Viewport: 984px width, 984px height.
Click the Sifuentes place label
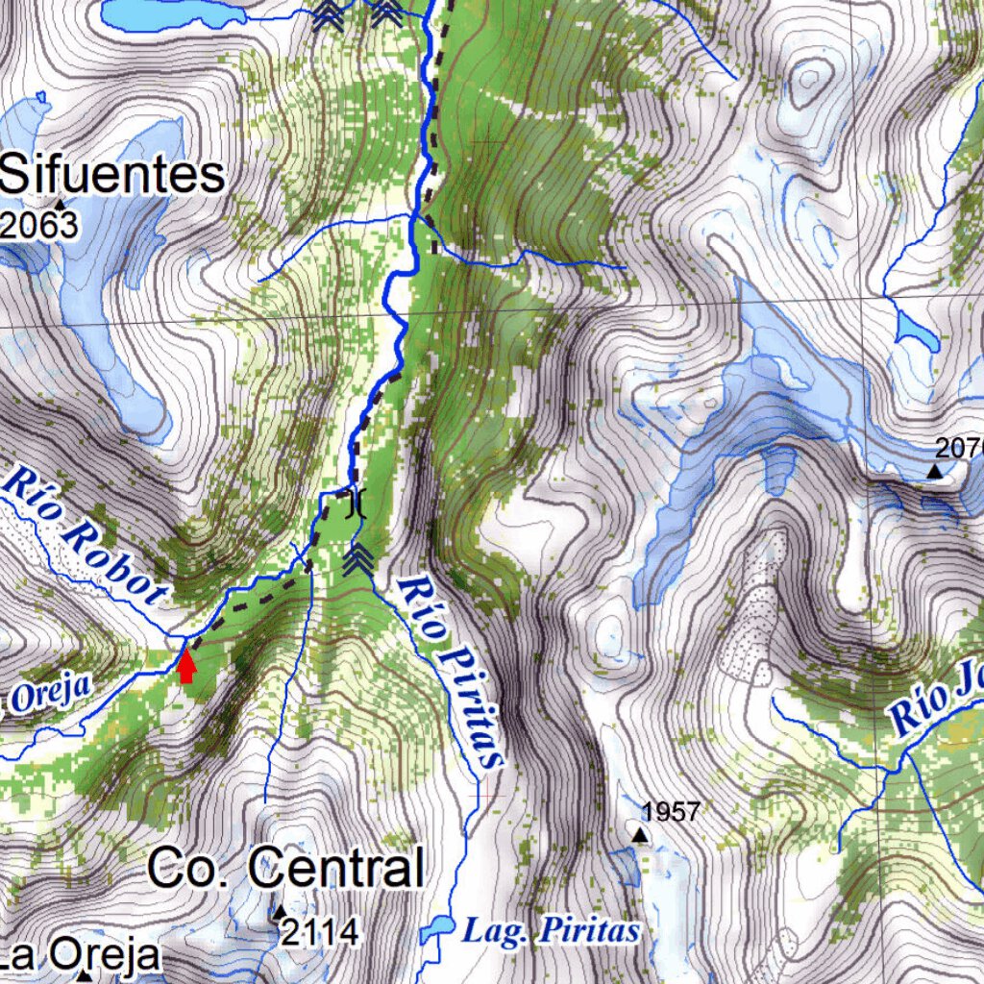pyautogui.click(x=112, y=176)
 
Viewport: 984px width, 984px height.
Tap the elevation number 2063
pyautogui.click(x=39, y=225)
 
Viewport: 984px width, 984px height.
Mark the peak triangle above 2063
pyautogui.click(x=60, y=204)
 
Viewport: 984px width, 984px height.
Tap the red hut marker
pyautogui.click(x=186, y=665)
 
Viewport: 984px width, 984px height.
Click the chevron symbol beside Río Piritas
pyautogui.click(x=358, y=558)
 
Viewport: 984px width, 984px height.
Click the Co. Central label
pyautogui.click(x=285, y=869)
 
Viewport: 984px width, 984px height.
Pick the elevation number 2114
pyautogui.click(x=321, y=931)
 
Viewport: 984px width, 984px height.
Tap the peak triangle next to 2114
pyautogui.click(x=280, y=911)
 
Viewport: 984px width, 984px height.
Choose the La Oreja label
pyautogui.click(x=80, y=955)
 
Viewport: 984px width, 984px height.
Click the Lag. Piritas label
pyautogui.click(x=551, y=930)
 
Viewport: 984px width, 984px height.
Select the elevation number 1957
pyautogui.click(x=671, y=812)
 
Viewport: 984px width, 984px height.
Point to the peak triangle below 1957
pyautogui.click(x=640, y=836)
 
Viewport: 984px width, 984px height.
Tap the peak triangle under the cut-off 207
pyautogui.click(x=935, y=471)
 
